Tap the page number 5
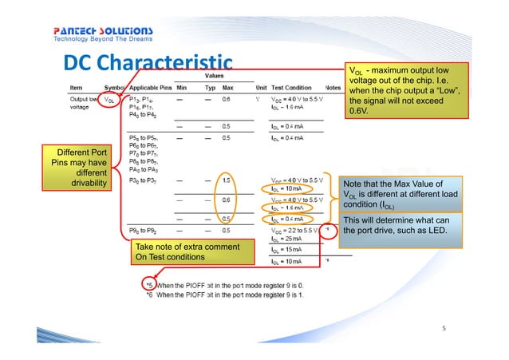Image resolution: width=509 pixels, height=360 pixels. coord(446,327)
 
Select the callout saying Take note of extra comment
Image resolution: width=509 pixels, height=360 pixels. coord(178,252)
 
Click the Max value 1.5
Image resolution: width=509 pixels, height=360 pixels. coord(227,180)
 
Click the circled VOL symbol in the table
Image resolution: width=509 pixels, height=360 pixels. coord(111,100)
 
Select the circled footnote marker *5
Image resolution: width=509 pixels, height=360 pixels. coord(148,284)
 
